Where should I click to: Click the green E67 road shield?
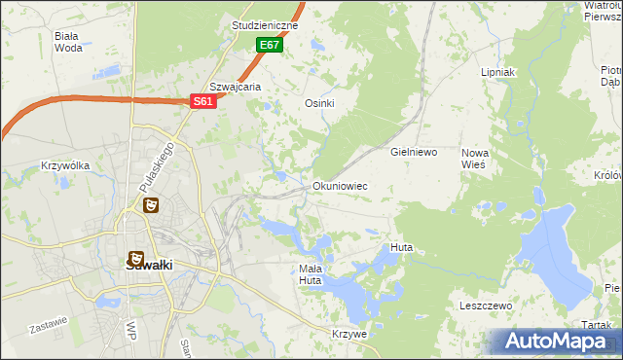[270, 45]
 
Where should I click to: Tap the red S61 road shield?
[202, 101]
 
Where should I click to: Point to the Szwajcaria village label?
[236, 87]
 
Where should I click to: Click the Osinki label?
[320, 104]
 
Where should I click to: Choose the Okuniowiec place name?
[340, 185]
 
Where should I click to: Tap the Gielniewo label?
[414, 153]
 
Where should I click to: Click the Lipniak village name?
[497, 73]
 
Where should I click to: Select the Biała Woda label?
[68, 41]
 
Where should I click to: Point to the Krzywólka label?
[65, 165]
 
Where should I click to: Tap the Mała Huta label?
[310, 274]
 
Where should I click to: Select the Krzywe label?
[348, 334]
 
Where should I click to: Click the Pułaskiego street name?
[157, 166]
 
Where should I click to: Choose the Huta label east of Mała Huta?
[401, 248]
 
